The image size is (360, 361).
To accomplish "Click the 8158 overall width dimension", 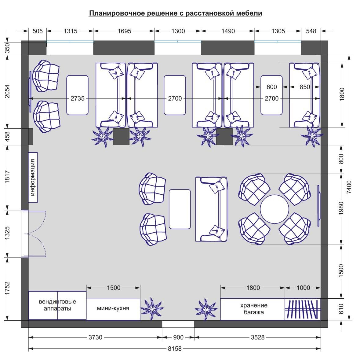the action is tap(175, 348).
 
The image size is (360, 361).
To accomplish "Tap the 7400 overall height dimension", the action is tap(349, 187).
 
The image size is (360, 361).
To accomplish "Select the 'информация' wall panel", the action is tap(33, 178).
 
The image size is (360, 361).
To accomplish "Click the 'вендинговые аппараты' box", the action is tap(57, 305).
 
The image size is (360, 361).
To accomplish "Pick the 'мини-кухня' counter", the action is tap(113, 309).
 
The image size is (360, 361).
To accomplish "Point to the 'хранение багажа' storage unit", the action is tap(253, 309).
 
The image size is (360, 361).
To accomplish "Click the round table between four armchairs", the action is tap(275, 209).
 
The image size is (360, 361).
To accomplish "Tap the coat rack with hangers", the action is tap(303, 309).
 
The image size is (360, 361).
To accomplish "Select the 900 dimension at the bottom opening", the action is tap(178, 337).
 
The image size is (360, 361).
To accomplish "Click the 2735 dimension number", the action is tap(78, 98).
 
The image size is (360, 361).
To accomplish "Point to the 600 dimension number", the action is tap(272, 87).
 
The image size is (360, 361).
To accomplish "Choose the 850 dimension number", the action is tap(305, 87).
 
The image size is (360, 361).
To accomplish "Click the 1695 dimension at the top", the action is tap(124, 31).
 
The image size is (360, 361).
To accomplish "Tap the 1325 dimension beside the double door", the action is tap(7, 234).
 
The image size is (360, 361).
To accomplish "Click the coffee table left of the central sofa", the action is tap(180, 209).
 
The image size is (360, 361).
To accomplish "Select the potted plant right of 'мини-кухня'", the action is tap(152, 309).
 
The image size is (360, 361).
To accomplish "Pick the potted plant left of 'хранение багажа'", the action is tap(205, 309).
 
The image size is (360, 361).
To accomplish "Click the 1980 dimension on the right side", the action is tap(341, 208).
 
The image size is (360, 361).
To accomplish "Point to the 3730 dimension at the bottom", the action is tap(96, 337).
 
